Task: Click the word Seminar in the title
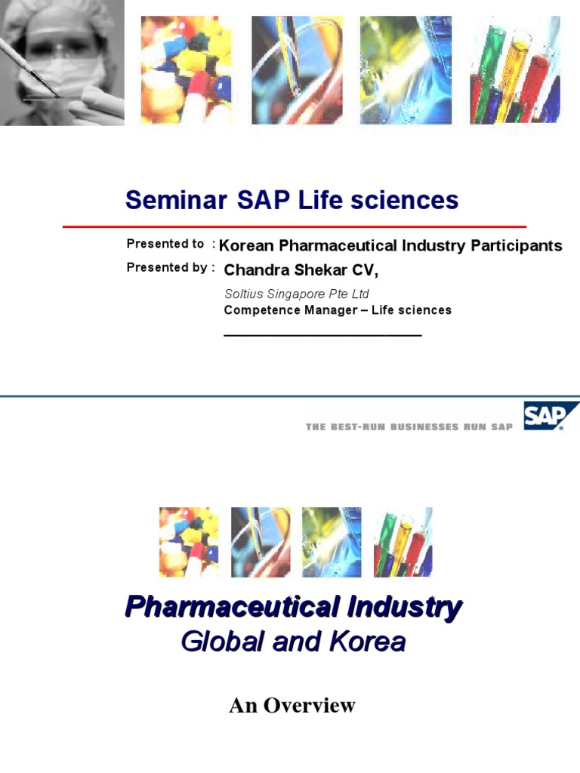click(x=175, y=200)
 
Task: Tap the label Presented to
click(x=165, y=244)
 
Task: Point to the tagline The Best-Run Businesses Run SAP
click(x=409, y=427)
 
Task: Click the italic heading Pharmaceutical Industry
click(x=293, y=607)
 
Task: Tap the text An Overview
click(x=292, y=706)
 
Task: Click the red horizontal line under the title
click(x=295, y=226)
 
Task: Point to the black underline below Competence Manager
click(x=322, y=334)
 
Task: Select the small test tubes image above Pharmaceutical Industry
click(x=403, y=542)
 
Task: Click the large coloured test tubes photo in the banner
click(x=515, y=69)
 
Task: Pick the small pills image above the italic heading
click(x=189, y=542)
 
